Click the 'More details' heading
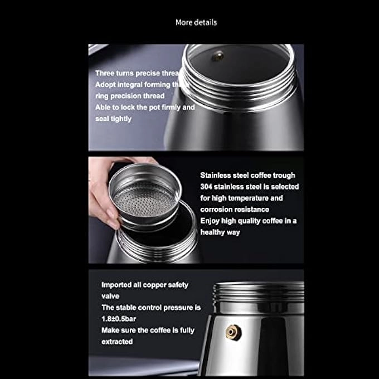tap(196, 22)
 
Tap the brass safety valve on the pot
tap(230, 332)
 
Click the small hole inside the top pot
tap(220, 55)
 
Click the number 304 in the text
tap(207, 187)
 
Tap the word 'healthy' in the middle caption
tap(213, 232)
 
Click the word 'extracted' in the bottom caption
tap(117, 342)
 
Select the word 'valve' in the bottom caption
tap(110, 297)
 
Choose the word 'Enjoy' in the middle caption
tap(211, 221)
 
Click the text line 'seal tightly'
tap(113, 119)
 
